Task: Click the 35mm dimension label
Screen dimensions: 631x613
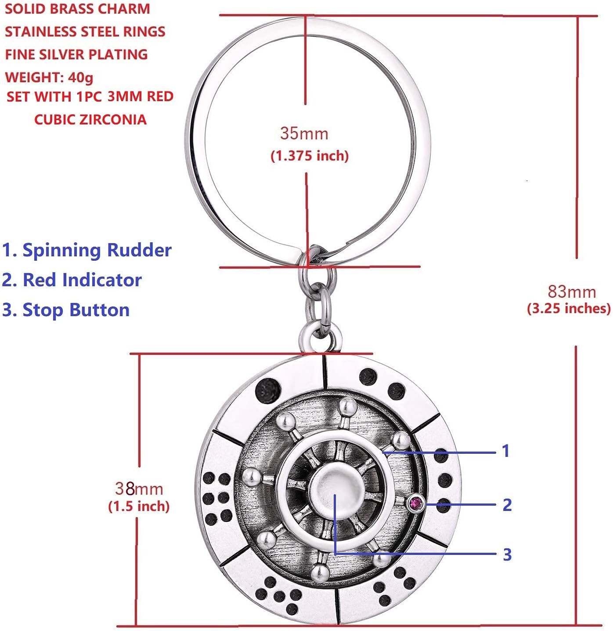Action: (304, 133)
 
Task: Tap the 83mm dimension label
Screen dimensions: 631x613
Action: (572, 292)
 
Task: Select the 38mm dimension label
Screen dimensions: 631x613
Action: (139, 489)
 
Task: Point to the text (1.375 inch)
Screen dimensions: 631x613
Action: (310, 155)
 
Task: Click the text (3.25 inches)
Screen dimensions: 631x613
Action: (569, 308)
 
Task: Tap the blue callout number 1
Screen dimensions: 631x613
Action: (506, 451)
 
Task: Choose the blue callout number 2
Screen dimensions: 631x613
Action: (507, 505)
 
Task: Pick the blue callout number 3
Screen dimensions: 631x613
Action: (507, 554)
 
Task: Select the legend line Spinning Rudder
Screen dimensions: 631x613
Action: (87, 250)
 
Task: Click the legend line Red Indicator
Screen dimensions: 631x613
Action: (72, 280)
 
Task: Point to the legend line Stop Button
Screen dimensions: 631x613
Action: (66, 310)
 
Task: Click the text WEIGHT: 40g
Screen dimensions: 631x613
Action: (49, 77)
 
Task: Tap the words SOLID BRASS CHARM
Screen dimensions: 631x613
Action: (77, 9)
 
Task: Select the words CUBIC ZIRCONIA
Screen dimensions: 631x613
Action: (90, 120)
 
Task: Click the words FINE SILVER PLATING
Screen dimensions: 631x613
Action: (76, 55)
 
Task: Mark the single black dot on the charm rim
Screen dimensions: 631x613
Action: (267, 389)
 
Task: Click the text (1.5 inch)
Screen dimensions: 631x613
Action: (139, 506)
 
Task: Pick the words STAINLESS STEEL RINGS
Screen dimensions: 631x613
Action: (85, 32)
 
